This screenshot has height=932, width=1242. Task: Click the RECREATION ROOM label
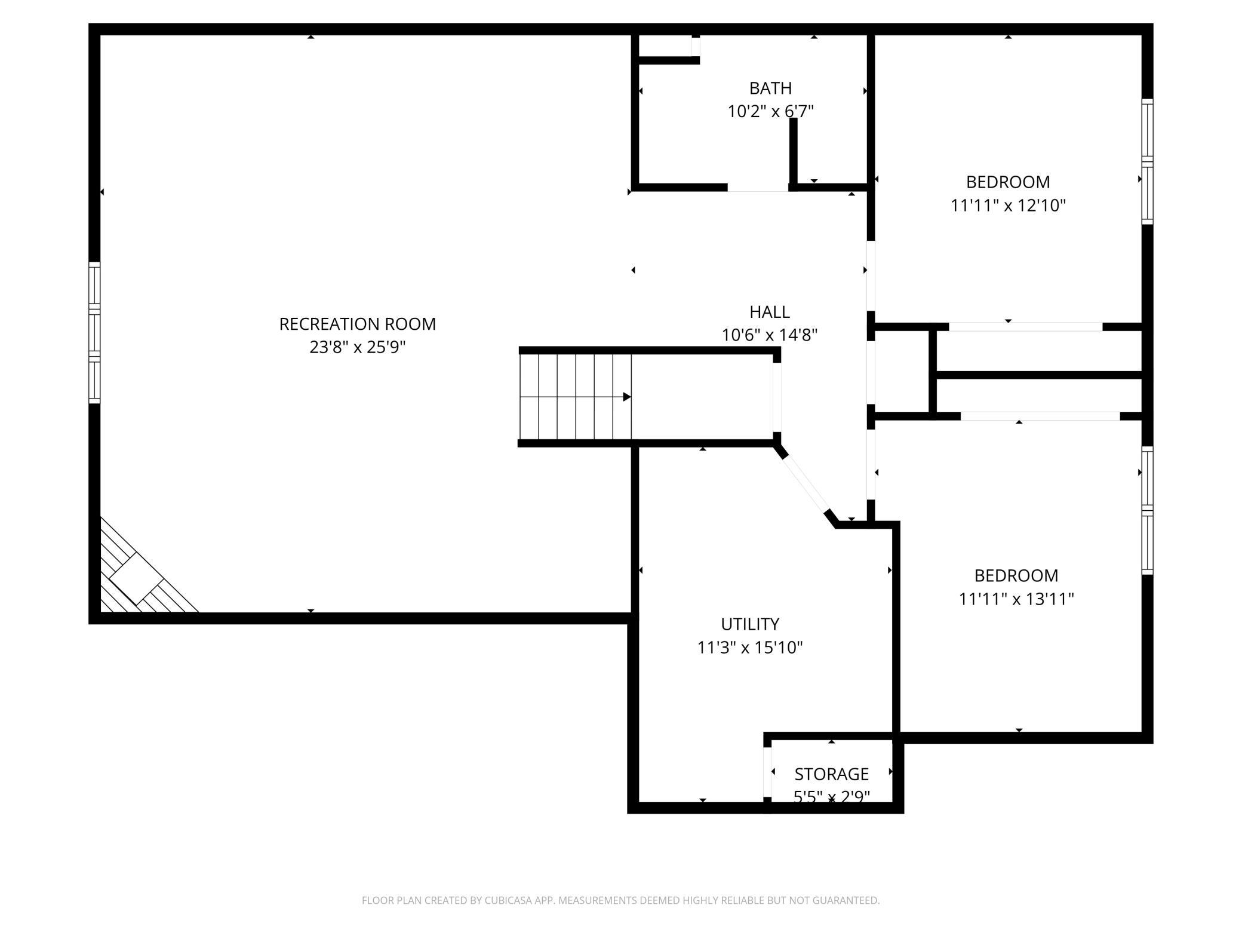pyautogui.click(x=358, y=324)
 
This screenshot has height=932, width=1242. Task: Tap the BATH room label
pyautogui.click(x=770, y=88)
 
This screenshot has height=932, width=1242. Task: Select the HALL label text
pyautogui.click(x=770, y=312)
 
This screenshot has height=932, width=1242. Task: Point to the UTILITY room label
pyautogui.click(x=750, y=624)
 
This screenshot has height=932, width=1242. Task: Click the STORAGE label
pyautogui.click(x=831, y=774)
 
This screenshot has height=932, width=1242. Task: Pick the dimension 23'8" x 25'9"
pyautogui.click(x=358, y=347)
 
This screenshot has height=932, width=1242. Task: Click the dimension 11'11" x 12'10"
pyautogui.click(x=1008, y=206)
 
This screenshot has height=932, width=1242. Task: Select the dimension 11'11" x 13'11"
pyautogui.click(x=1016, y=599)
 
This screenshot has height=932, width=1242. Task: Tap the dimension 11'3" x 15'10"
pyautogui.click(x=750, y=648)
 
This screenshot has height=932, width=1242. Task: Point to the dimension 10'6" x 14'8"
pyautogui.click(x=770, y=335)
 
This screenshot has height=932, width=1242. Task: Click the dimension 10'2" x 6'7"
pyautogui.click(x=770, y=112)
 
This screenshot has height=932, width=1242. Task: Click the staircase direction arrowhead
pyautogui.click(x=627, y=397)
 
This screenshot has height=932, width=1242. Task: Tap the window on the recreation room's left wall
pyautogui.click(x=94, y=332)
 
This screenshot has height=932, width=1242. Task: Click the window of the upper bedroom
pyautogui.click(x=1147, y=161)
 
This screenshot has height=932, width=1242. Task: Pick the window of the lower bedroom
pyautogui.click(x=1147, y=511)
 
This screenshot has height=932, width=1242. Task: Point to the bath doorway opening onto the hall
pyautogui.click(x=758, y=188)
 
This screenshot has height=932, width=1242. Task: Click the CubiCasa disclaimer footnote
pyautogui.click(x=620, y=900)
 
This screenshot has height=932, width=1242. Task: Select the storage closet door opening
pyautogui.click(x=767, y=772)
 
